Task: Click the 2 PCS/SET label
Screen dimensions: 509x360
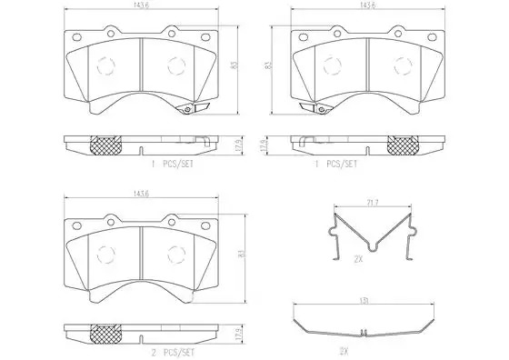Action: pyautogui.click(x=173, y=352)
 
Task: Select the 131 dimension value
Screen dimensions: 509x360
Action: pyautogui.click(x=364, y=301)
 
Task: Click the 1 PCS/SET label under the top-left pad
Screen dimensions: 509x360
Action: pyautogui.click(x=173, y=165)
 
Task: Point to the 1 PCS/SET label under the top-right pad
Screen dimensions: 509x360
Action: pyautogui.click(x=336, y=165)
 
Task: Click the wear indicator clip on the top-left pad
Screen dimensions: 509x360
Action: pyautogui.click(x=192, y=108)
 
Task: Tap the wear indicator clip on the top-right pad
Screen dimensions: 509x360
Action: pyautogui.click(x=315, y=108)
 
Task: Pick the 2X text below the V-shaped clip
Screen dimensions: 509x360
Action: pyautogui.click(x=358, y=259)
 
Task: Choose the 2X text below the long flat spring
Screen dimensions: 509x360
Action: pyautogui.click(x=344, y=351)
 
